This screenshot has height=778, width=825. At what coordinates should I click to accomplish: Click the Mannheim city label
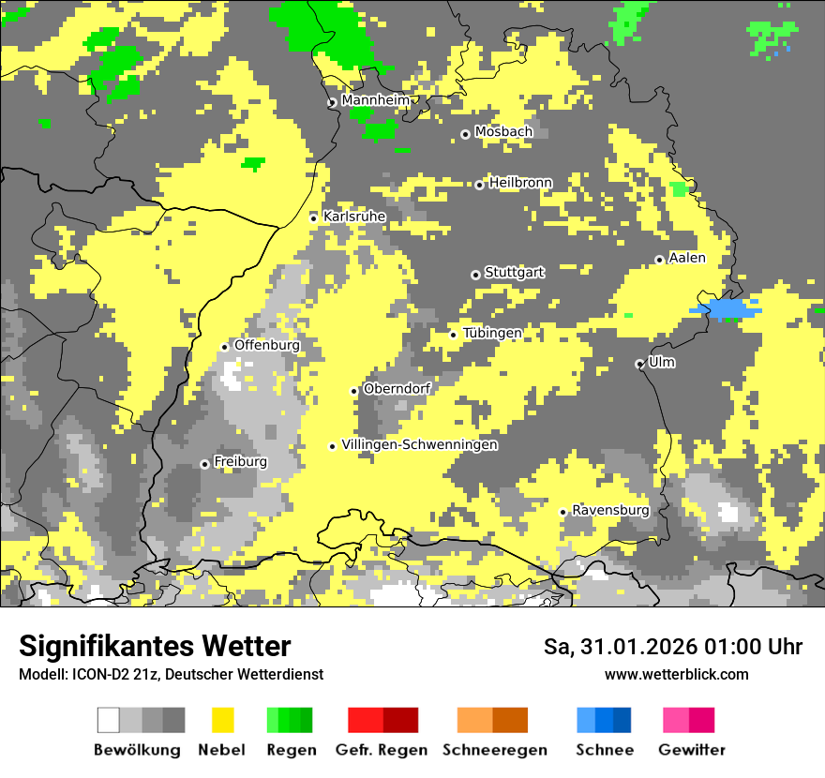375,100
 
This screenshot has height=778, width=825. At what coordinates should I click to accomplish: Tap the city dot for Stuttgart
475,275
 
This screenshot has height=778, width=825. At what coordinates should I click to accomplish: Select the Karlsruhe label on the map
354,217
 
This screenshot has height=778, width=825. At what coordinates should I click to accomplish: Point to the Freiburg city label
240,462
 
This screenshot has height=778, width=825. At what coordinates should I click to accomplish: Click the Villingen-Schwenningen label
419,445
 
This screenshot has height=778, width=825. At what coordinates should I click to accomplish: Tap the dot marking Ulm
639,364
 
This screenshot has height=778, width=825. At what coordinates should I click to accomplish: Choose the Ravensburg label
610,510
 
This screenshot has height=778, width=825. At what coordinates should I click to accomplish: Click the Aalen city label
687,258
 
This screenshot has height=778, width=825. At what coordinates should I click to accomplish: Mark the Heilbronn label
520,183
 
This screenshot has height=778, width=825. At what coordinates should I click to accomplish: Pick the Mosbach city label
503,132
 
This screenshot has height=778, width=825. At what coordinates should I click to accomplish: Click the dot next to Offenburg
224,347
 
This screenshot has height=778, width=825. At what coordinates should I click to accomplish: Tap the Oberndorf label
397,388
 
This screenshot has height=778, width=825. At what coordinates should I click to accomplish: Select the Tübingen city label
492,333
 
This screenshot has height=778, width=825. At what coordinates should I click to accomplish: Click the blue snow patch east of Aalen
727,308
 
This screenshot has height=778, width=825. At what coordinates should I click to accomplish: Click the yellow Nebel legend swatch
223,720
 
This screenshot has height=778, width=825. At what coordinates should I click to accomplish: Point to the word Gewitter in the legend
692,750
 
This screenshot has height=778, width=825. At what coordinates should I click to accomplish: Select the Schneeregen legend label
494,750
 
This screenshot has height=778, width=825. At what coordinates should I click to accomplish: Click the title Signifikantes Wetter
155,647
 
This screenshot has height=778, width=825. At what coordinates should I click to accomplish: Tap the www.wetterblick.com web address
676,675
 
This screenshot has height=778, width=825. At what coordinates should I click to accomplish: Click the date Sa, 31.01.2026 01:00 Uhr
673,648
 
